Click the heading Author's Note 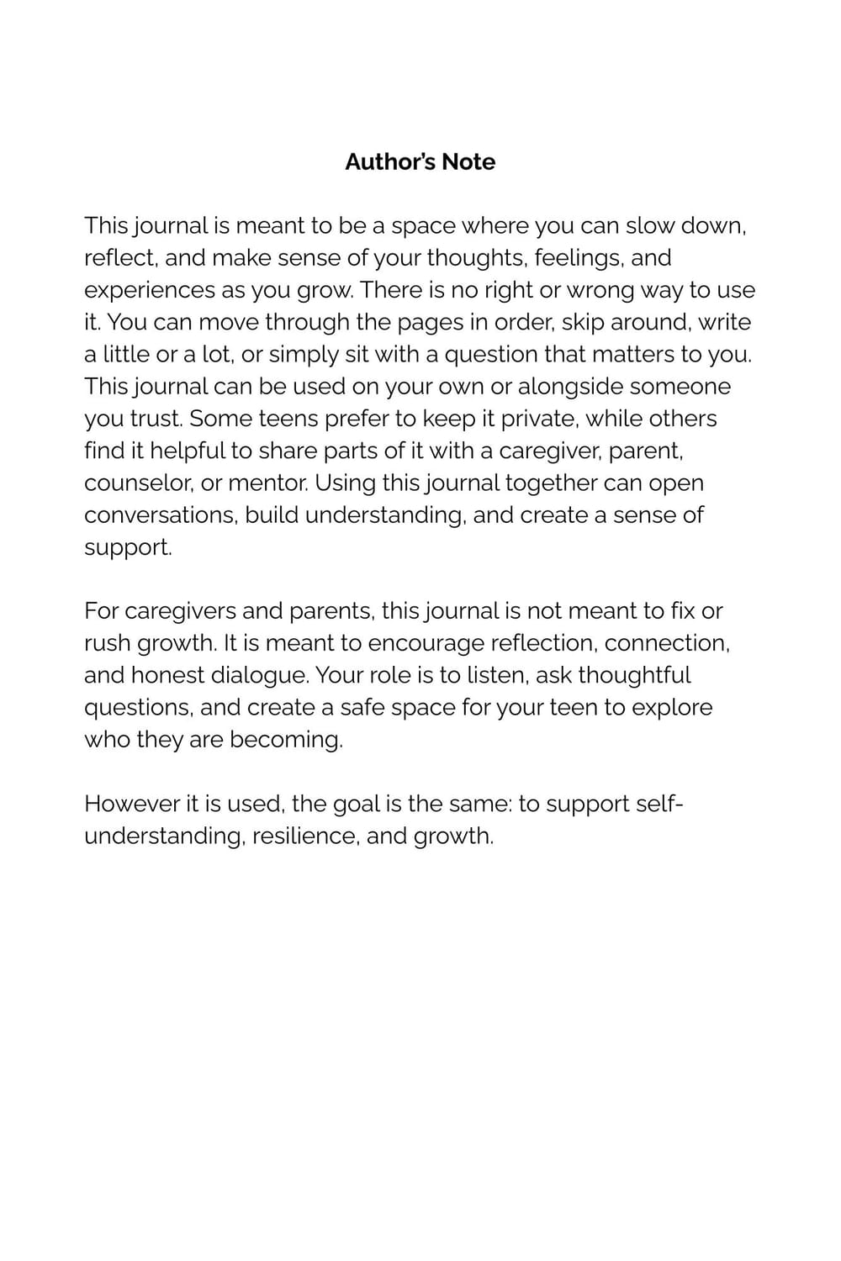point(420,161)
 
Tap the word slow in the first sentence point(649,225)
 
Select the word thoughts point(475,257)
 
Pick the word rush point(107,643)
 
